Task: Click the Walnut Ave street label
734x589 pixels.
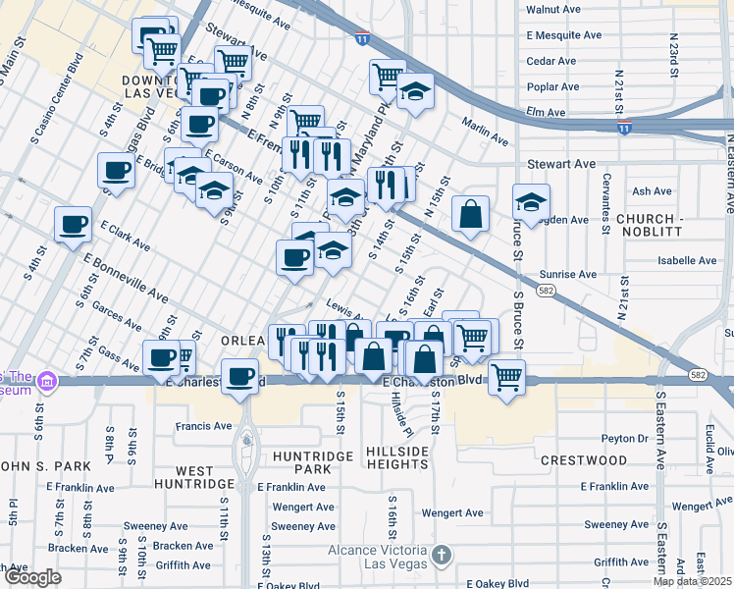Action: pos(550,9)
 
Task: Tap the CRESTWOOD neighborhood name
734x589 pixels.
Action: pos(583,459)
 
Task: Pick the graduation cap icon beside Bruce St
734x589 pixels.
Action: pos(531,202)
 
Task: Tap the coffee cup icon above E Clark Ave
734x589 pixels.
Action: pos(74,225)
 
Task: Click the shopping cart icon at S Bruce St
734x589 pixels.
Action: pos(506,377)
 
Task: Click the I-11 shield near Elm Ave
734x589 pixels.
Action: pos(624,129)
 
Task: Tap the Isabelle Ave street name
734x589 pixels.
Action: pos(687,261)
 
